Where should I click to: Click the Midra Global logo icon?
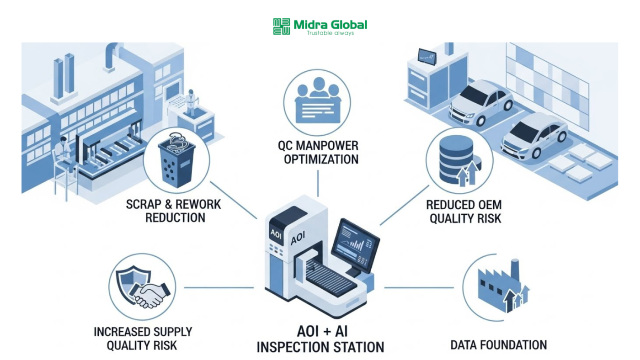[282, 26]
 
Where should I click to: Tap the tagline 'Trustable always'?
[330, 33]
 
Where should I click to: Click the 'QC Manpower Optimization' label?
[319, 153]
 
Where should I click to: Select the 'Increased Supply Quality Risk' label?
[143, 338]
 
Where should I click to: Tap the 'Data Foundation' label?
[498, 345]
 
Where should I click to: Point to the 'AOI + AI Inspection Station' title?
[320, 339]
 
